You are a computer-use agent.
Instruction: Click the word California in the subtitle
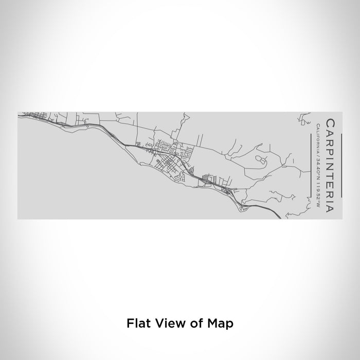tap(319, 136)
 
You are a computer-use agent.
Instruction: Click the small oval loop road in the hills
tap(261, 161)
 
